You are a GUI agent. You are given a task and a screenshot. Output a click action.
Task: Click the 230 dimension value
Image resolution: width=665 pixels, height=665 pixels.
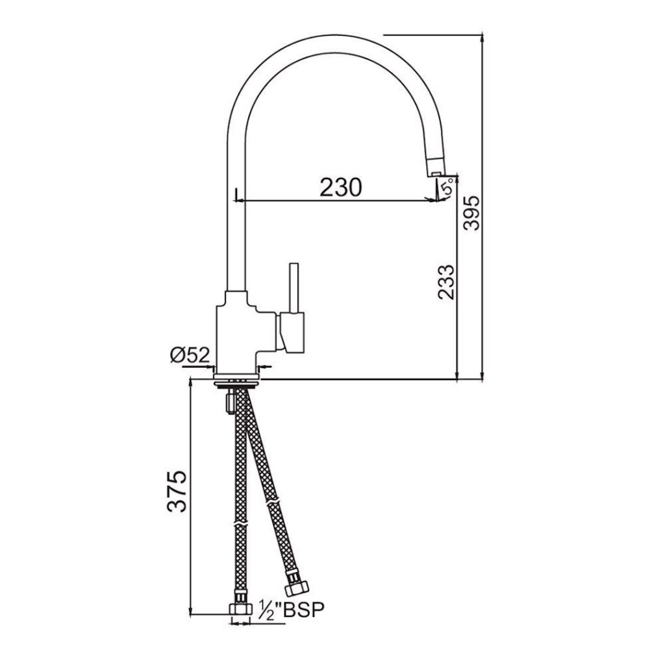click(340, 187)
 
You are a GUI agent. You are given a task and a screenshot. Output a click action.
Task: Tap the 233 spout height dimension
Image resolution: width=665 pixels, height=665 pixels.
click(446, 281)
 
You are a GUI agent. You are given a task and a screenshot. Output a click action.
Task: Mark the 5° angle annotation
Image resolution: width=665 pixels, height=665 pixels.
click(446, 189)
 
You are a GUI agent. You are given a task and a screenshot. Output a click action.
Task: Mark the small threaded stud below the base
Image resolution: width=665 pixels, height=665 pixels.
click(229, 402)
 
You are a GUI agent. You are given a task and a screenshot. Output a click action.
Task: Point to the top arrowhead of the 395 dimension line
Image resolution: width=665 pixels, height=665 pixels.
click(483, 37)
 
